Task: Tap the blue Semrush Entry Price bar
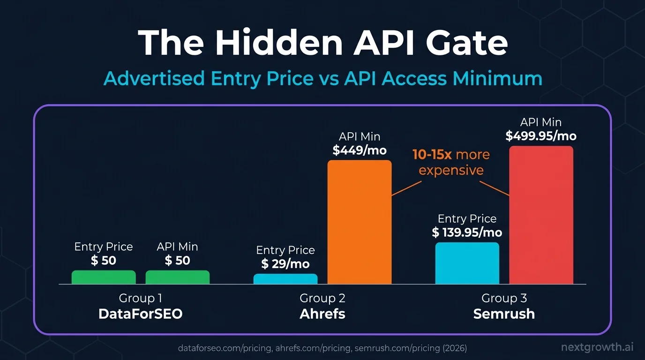(467, 263)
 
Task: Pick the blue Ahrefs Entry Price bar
(285, 279)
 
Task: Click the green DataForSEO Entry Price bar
(104, 277)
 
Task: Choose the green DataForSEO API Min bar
(178, 277)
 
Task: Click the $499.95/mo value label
(541, 136)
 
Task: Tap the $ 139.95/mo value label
(467, 232)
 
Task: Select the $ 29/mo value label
(285, 263)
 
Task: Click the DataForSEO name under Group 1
(140, 314)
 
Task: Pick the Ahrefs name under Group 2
(322, 314)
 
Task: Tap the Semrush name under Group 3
(504, 314)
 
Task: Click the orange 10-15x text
(432, 155)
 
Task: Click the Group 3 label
(504, 298)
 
